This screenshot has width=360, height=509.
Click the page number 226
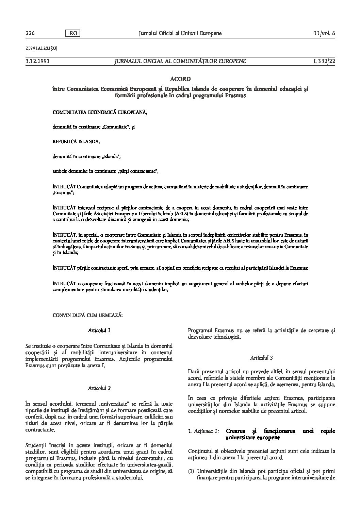pos(30,33)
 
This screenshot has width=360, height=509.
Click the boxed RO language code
pos(72,33)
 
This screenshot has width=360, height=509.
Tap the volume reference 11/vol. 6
pos(325,33)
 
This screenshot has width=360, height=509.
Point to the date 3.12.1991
pos(36,61)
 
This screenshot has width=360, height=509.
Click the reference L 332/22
pos(324,61)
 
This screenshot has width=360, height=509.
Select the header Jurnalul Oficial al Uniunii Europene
pos(180,33)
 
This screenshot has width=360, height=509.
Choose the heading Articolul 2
pos(99,388)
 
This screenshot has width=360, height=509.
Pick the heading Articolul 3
pos(261,358)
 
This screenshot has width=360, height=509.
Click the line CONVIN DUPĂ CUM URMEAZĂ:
pos(87,315)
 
